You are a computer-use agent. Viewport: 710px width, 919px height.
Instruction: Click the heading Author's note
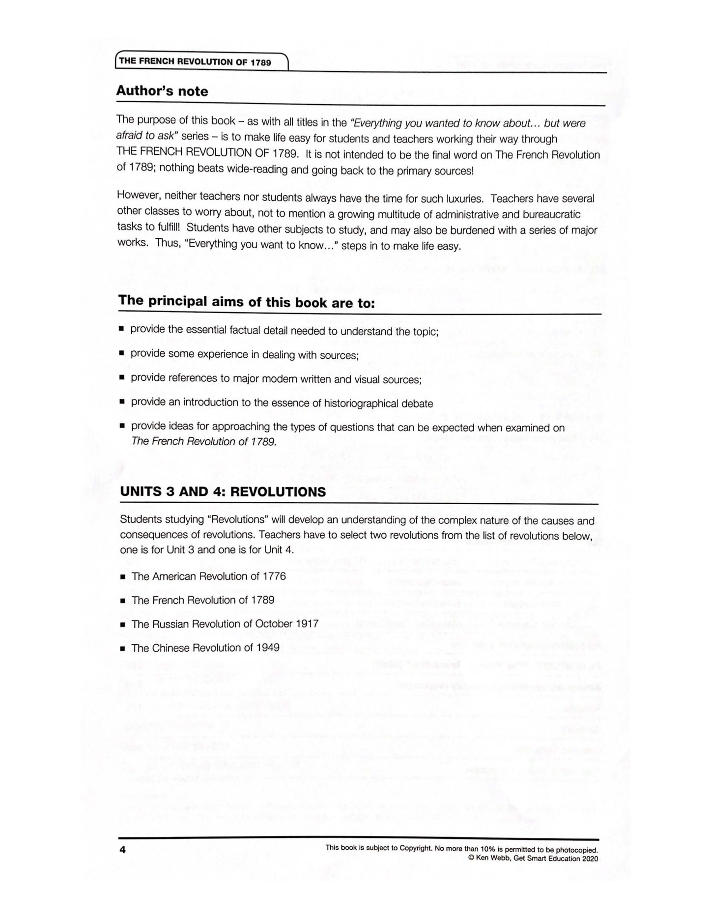click(x=162, y=91)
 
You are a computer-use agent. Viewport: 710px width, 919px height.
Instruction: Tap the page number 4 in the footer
click(x=123, y=849)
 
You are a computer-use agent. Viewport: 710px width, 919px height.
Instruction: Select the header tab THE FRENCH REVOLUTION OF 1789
click(x=195, y=62)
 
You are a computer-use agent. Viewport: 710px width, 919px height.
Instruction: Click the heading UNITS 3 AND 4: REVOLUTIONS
click(x=223, y=492)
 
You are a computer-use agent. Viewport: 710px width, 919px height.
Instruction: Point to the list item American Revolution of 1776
click(x=209, y=576)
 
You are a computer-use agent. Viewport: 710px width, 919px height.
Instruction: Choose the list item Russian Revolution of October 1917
click(x=225, y=624)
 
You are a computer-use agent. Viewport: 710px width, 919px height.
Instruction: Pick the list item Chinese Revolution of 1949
click(x=205, y=648)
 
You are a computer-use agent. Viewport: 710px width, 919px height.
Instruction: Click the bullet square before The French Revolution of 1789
click(x=123, y=601)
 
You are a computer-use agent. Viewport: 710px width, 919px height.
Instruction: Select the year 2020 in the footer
click(x=589, y=859)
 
